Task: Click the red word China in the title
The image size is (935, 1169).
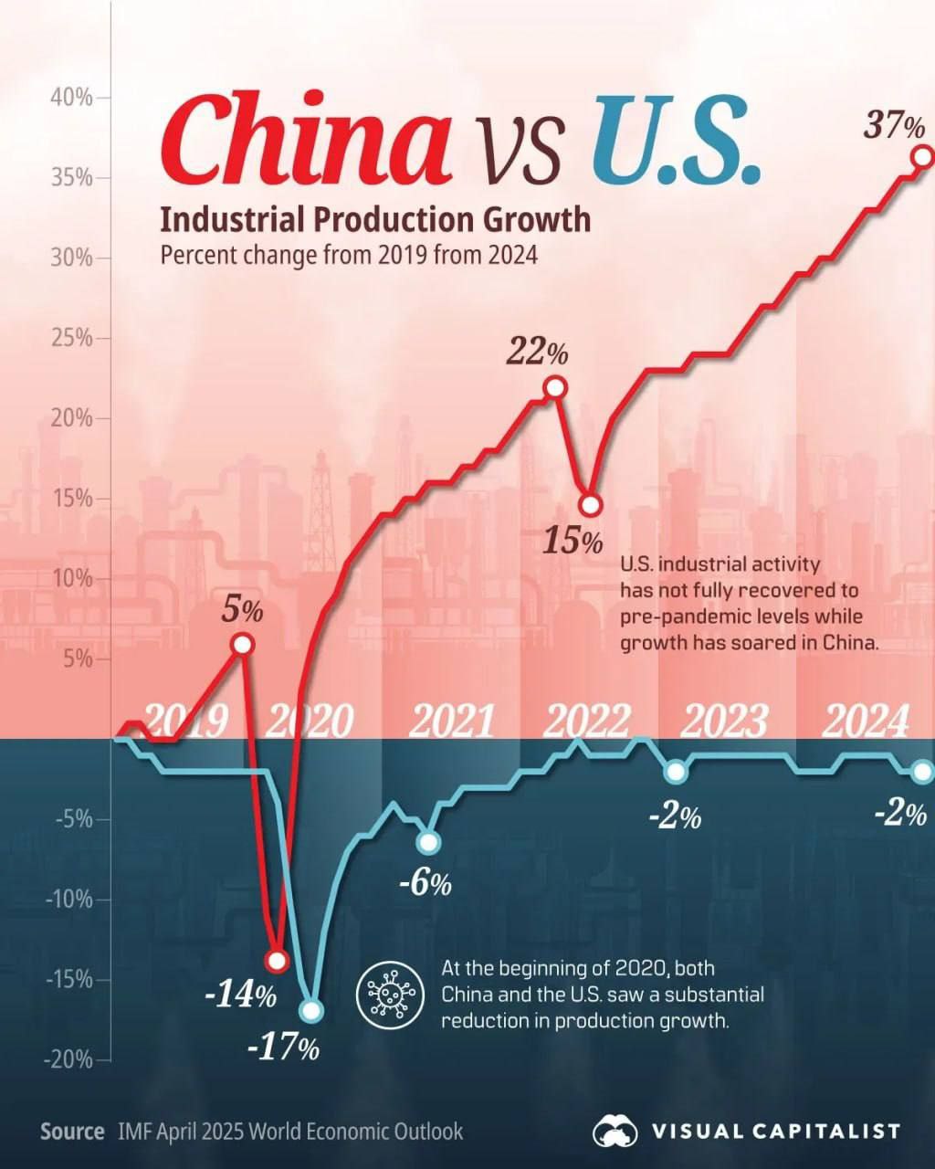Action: tap(306, 137)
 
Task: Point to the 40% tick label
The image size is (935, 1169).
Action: tap(71, 97)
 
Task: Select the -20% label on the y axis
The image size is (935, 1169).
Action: tap(68, 1059)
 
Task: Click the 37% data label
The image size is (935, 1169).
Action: tap(895, 126)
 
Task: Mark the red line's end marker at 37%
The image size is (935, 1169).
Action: tap(922, 156)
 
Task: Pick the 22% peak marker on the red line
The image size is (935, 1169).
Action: tap(554, 388)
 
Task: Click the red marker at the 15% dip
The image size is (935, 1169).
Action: tap(591, 505)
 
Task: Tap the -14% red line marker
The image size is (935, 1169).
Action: tap(277, 961)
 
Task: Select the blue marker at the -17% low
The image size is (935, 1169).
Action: tap(311, 1011)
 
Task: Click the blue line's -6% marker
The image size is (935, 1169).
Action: tap(428, 841)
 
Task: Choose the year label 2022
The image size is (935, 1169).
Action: tap(587, 721)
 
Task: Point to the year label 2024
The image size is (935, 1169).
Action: tap(866, 721)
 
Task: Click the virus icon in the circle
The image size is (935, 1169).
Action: tap(392, 994)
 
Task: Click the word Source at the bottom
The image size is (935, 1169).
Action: tap(72, 1132)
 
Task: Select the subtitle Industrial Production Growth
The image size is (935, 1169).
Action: tap(375, 220)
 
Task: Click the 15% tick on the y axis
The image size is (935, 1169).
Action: tap(71, 499)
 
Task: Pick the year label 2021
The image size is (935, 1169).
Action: tap(451, 721)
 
